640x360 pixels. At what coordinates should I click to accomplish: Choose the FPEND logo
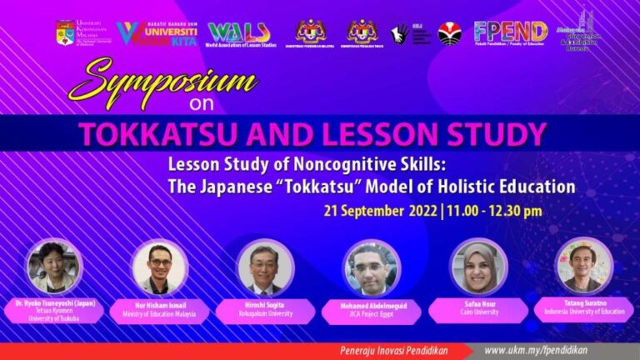510,32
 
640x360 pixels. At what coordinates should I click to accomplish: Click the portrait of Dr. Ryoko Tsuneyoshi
55,267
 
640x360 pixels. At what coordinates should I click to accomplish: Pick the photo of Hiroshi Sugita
265,267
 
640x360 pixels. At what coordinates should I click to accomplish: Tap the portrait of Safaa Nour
478,267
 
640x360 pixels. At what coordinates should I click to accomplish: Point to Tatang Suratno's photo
584,267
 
